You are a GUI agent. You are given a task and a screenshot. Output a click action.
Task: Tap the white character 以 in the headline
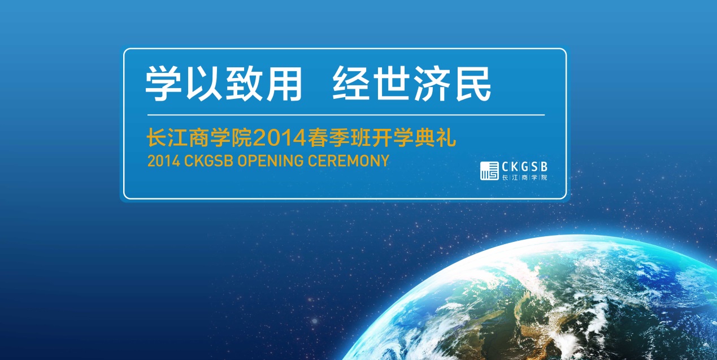tap(204, 83)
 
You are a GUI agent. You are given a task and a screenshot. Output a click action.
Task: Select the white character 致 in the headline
tap(245, 83)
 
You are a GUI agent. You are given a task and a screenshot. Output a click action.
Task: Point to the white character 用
tap(285, 84)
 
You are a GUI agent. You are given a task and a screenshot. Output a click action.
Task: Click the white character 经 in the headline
tap(351, 84)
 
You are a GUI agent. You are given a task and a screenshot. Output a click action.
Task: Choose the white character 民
tap(473, 84)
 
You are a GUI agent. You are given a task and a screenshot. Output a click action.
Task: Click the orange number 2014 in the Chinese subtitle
tap(280, 138)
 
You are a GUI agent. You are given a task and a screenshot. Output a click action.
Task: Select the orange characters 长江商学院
tap(199, 138)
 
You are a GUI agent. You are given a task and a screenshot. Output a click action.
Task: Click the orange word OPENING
tap(270, 161)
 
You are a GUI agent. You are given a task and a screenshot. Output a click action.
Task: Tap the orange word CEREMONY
tap(349, 161)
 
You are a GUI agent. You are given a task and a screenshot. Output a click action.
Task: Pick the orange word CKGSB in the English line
tap(208, 161)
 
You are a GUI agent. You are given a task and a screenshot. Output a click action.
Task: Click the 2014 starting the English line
tap(163, 161)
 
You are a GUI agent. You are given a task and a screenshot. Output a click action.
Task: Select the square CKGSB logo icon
tap(489, 171)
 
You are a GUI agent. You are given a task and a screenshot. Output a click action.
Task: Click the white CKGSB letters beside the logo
tap(525, 167)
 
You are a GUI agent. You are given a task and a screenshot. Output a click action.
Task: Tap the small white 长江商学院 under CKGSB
tap(525, 177)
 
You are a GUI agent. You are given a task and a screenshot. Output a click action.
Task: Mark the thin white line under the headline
tap(346, 115)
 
